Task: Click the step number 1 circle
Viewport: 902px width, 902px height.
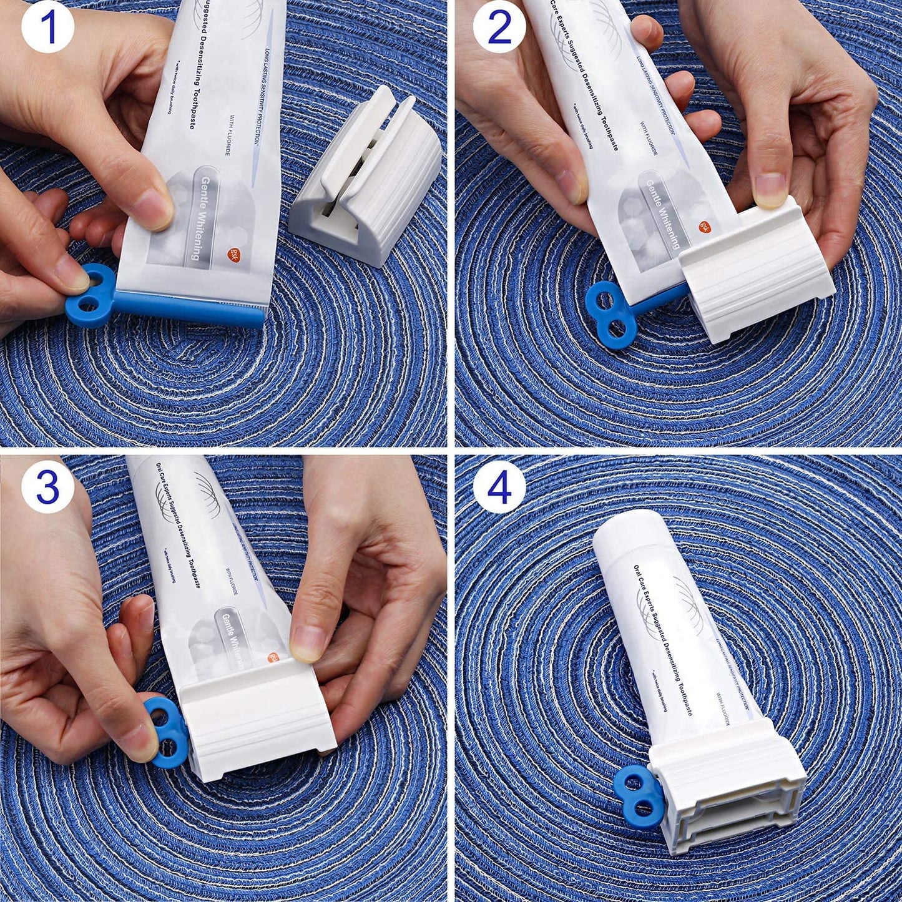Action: pos(47,28)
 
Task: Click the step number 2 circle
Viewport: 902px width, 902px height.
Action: pos(499,28)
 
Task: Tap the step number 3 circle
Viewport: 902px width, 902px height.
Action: pos(47,488)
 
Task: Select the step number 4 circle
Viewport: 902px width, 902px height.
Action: pos(499,488)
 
